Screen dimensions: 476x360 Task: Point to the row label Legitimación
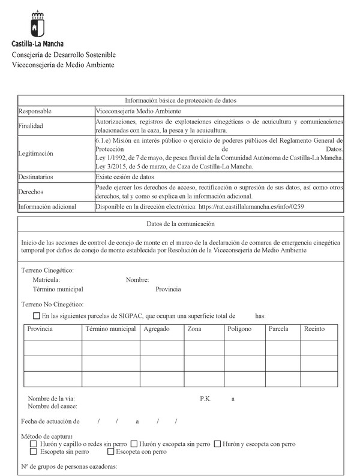(36, 153)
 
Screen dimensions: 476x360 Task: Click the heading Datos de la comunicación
(181, 224)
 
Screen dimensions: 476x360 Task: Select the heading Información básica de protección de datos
(181, 100)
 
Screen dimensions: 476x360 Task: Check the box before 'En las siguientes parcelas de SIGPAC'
(37, 316)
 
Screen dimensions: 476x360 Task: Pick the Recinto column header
(314, 330)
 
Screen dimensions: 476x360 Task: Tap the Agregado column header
(157, 330)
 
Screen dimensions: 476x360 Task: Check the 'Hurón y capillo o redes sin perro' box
(34, 444)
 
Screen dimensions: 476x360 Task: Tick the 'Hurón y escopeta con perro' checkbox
(217, 444)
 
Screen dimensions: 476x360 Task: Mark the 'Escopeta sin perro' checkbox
(34, 452)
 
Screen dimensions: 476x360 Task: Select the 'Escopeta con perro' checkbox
(110, 452)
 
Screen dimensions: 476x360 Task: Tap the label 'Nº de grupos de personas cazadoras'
(68, 466)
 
